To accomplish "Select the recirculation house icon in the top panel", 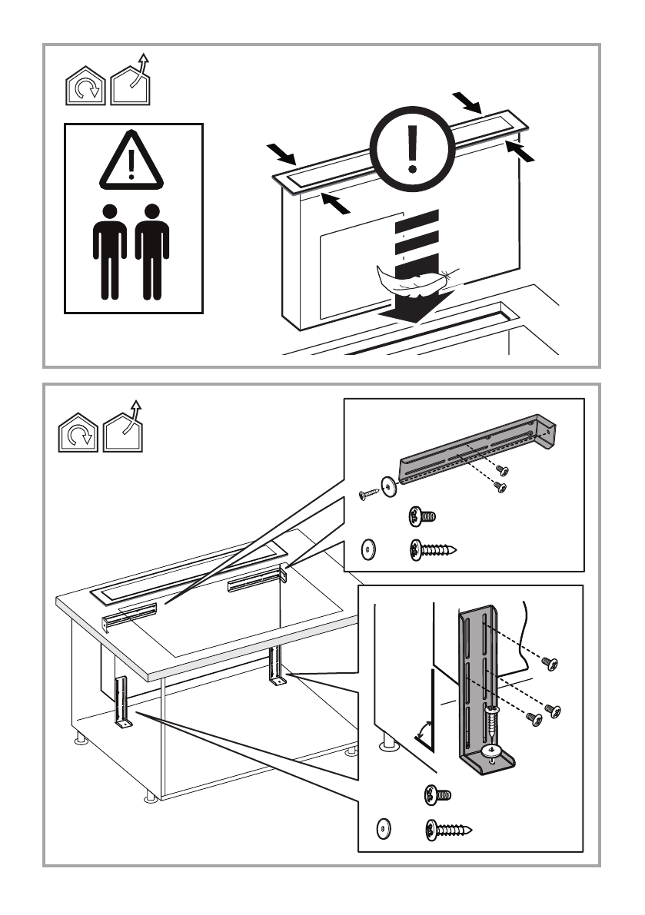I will pos(84,88).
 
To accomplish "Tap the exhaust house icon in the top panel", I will pos(130,81).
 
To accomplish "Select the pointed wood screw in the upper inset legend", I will pos(434,549).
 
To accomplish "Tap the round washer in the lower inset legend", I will pos(382,829).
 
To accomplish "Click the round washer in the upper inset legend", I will pos(369,549).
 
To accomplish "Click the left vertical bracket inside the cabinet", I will pos(121,703).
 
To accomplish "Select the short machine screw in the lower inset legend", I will pos(436,794).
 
